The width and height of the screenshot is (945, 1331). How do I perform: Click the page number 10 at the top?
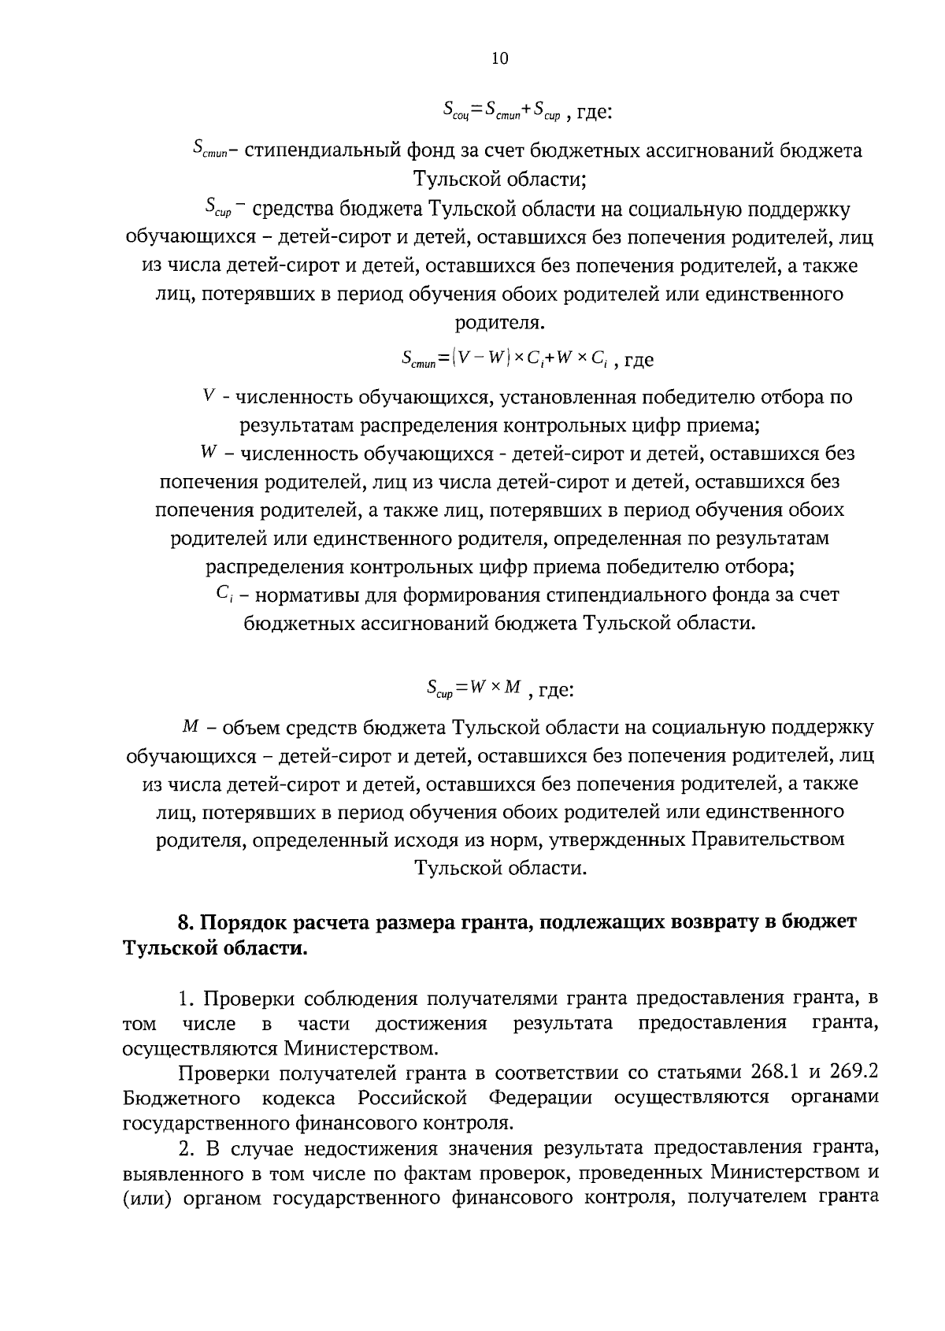point(500,58)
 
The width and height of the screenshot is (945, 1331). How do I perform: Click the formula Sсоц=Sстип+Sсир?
point(501,111)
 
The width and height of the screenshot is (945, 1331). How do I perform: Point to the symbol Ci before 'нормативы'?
point(222,595)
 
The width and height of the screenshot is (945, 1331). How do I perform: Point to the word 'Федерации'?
point(540,1098)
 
